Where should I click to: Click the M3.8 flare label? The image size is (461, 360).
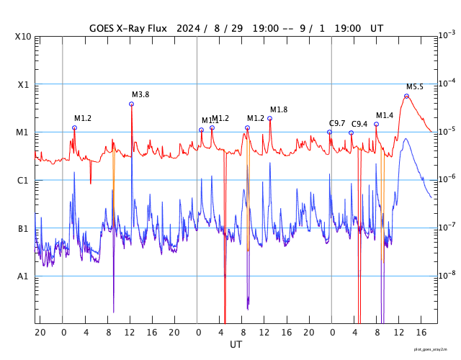[x=140, y=95]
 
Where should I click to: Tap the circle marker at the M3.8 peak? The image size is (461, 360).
[x=131, y=104]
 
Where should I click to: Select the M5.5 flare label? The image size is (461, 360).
[x=415, y=87]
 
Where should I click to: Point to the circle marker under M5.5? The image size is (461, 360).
[x=406, y=96]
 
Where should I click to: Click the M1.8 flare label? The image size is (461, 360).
[x=279, y=109]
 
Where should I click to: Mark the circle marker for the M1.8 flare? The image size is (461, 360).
[x=269, y=118]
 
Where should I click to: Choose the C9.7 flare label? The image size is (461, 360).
[x=337, y=124]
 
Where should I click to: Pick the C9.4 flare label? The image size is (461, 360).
[x=359, y=125]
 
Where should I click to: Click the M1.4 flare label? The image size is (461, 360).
[x=385, y=116]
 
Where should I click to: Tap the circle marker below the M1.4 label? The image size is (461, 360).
[x=376, y=125]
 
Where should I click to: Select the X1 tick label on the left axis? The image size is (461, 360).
[x=24, y=85]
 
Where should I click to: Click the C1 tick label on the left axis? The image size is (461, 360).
[x=24, y=181]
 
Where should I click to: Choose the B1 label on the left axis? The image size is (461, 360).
[x=24, y=229]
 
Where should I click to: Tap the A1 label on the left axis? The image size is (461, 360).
[x=24, y=276]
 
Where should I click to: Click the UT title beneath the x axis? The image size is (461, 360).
[x=236, y=345]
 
